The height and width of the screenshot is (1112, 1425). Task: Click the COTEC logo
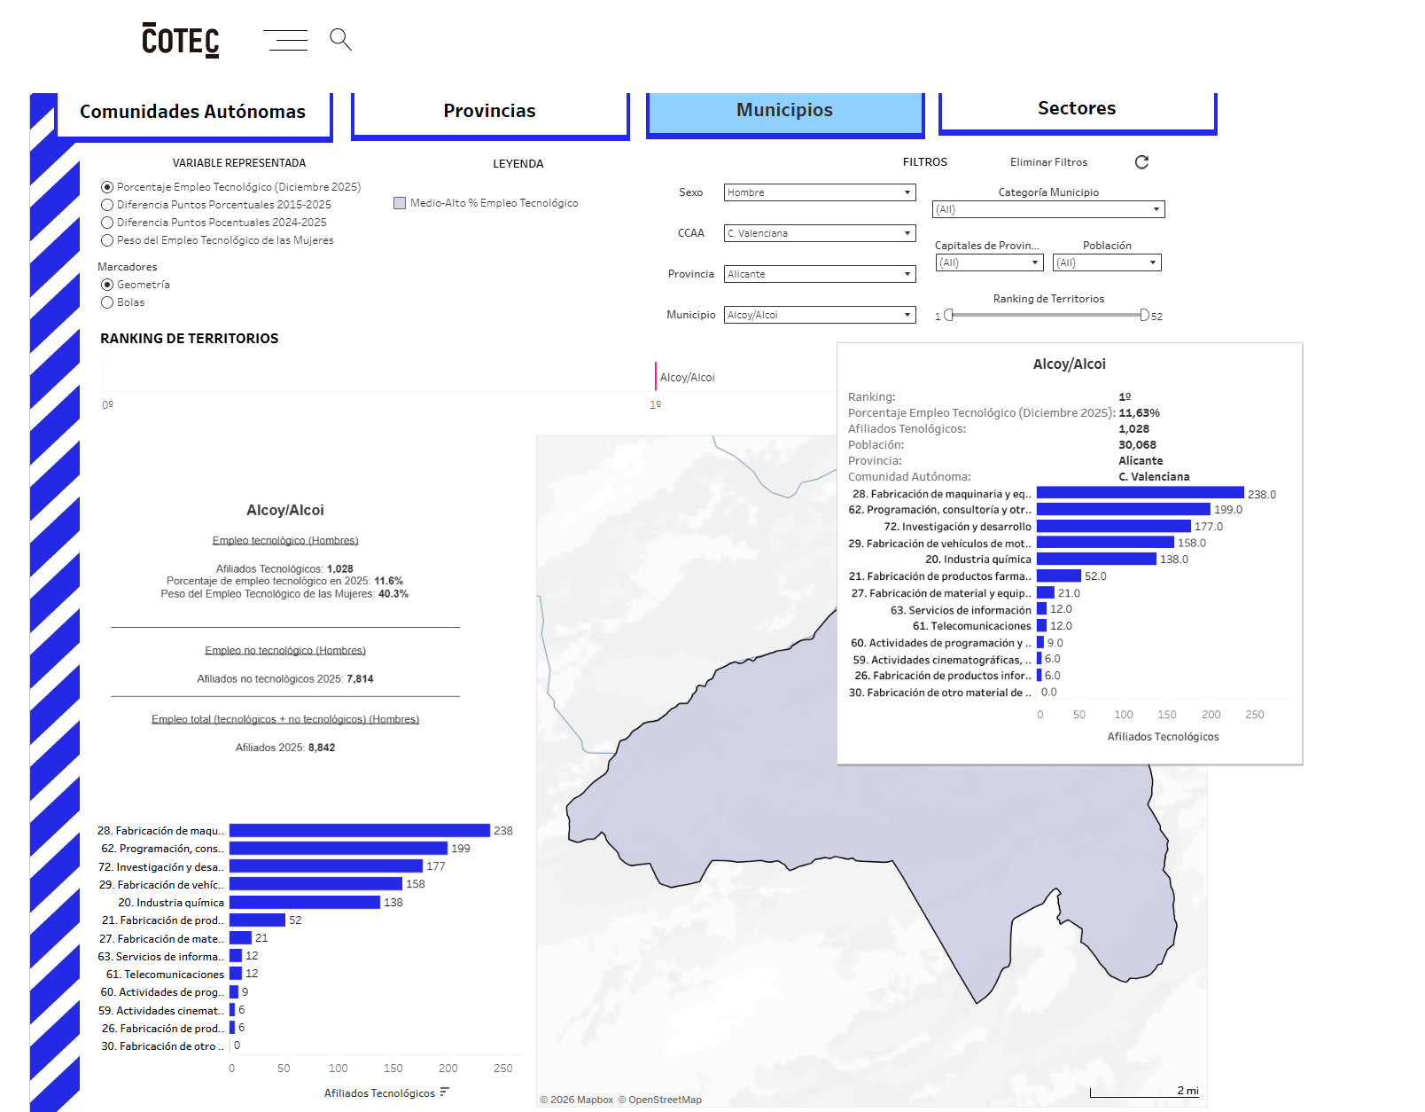click(180, 40)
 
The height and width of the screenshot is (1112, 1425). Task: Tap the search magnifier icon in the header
click(340, 39)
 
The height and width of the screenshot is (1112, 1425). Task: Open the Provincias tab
click(490, 111)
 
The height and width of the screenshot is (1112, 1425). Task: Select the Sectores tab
click(1077, 108)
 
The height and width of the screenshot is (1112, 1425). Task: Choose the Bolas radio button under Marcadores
click(107, 302)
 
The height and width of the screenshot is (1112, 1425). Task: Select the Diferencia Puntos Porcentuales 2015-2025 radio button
click(107, 205)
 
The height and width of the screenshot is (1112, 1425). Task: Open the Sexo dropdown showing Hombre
click(820, 192)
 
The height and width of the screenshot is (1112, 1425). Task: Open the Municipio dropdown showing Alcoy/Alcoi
click(820, 315)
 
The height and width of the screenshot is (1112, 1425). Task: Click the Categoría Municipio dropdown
click(1048, 209)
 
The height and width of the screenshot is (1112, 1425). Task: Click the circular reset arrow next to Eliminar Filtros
click(1141, 162)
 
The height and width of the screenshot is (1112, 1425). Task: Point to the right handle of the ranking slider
click(1144, 316)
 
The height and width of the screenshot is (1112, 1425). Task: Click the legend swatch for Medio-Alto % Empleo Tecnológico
click(400, 203)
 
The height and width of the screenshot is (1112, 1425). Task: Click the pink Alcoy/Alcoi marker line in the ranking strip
click(655, 377)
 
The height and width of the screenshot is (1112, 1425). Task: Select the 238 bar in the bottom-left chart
click(360, 831)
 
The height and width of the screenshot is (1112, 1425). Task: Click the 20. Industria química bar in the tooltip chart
click(1096, 559)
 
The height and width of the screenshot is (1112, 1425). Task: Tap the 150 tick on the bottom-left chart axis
click(393, 1068)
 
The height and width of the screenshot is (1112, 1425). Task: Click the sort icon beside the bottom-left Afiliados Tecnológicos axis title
click(445, 1092)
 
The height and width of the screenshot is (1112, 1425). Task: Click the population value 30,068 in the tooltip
click(1137, 445)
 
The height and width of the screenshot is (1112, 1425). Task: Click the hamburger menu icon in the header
click(285, 40)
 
